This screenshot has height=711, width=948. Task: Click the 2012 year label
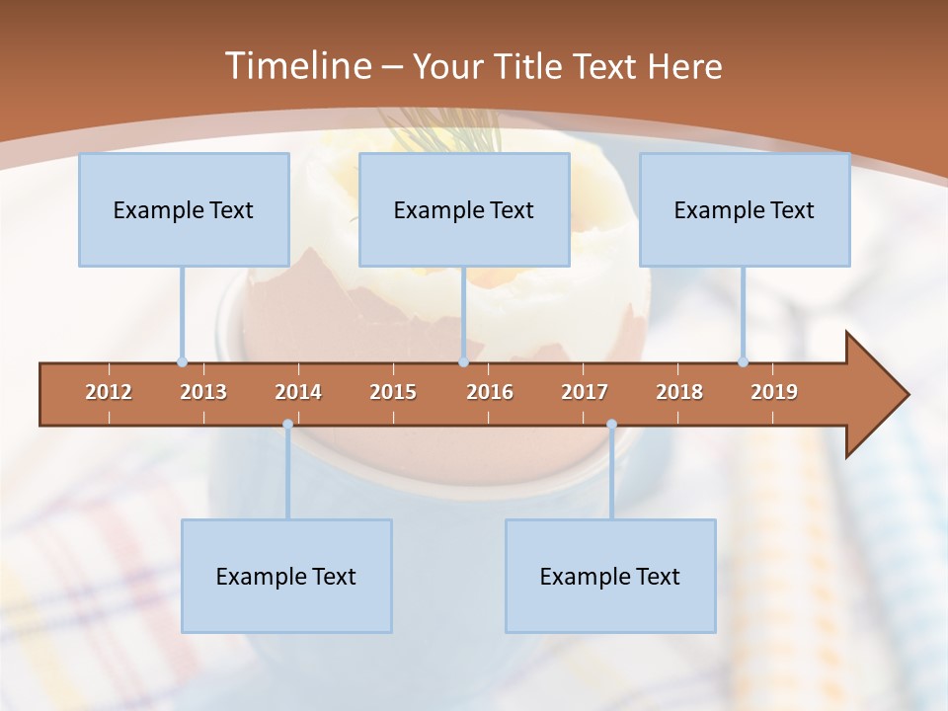[x=109, y=392]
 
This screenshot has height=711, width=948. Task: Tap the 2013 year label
[x=203, y=392]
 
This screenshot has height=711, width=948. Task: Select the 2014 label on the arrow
[x=298, y=392]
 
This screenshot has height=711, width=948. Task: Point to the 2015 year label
[x=393, y=392]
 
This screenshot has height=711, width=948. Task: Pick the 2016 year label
[x=490, y=392]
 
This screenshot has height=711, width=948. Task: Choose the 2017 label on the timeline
[x=585, y=392]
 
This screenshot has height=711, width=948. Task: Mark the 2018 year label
[x=679, y=392]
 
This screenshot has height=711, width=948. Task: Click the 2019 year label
[x=774, y=392]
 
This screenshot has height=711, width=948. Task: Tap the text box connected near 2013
[x=184, y=209]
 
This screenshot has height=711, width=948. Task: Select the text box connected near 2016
[x=464, y=209]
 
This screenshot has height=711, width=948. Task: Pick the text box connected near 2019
[x=745, y=209]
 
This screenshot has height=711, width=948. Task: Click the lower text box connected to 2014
[x=286, y=576]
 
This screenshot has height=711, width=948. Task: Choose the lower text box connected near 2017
[x=610, y=576]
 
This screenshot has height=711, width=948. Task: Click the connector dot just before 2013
[x=182, y=362]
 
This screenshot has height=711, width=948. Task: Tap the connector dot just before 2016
[x=463, y=362]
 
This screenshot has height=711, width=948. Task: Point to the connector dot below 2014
[x=287, y=425]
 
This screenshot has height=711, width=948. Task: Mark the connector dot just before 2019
[x=743, y=362]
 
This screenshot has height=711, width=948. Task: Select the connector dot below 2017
[x=611, y=425]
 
